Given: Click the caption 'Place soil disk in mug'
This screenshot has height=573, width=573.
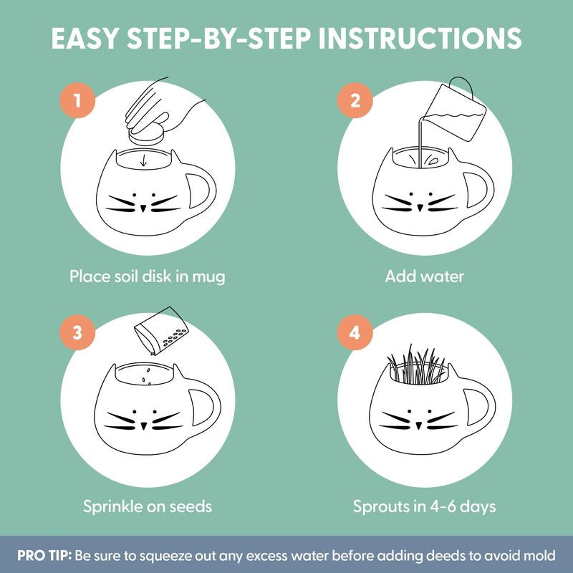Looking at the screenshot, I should (147, 276).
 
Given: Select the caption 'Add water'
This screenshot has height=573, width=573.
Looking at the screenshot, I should (424, 276).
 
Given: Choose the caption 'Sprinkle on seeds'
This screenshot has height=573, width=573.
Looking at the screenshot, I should (147, 506).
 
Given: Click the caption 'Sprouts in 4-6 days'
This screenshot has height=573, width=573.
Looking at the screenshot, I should (424, 506).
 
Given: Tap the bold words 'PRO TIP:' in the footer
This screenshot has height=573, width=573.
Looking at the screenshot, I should (48, 556).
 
